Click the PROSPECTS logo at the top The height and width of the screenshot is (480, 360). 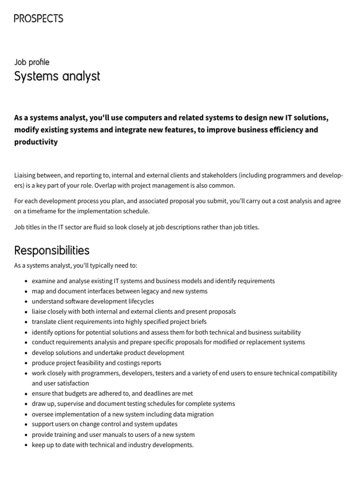click(x=38, y=19)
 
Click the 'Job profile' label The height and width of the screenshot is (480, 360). click(x=31, y=62)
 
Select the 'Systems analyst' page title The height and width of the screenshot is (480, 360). click(x=57, y=76)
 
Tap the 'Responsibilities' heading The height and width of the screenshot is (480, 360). click(x=52, y=250)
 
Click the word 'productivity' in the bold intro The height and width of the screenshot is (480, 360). click(x=36, y=142)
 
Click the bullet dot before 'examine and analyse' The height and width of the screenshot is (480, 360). click(x=25, y=281)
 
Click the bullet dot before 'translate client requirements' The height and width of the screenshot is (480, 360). click(x=25, y=322)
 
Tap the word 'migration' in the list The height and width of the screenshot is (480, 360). click(x=199, y=414)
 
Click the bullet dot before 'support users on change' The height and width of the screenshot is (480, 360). click(x=25, y=424)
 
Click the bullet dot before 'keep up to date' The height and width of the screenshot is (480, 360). click(x=25, y=445)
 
